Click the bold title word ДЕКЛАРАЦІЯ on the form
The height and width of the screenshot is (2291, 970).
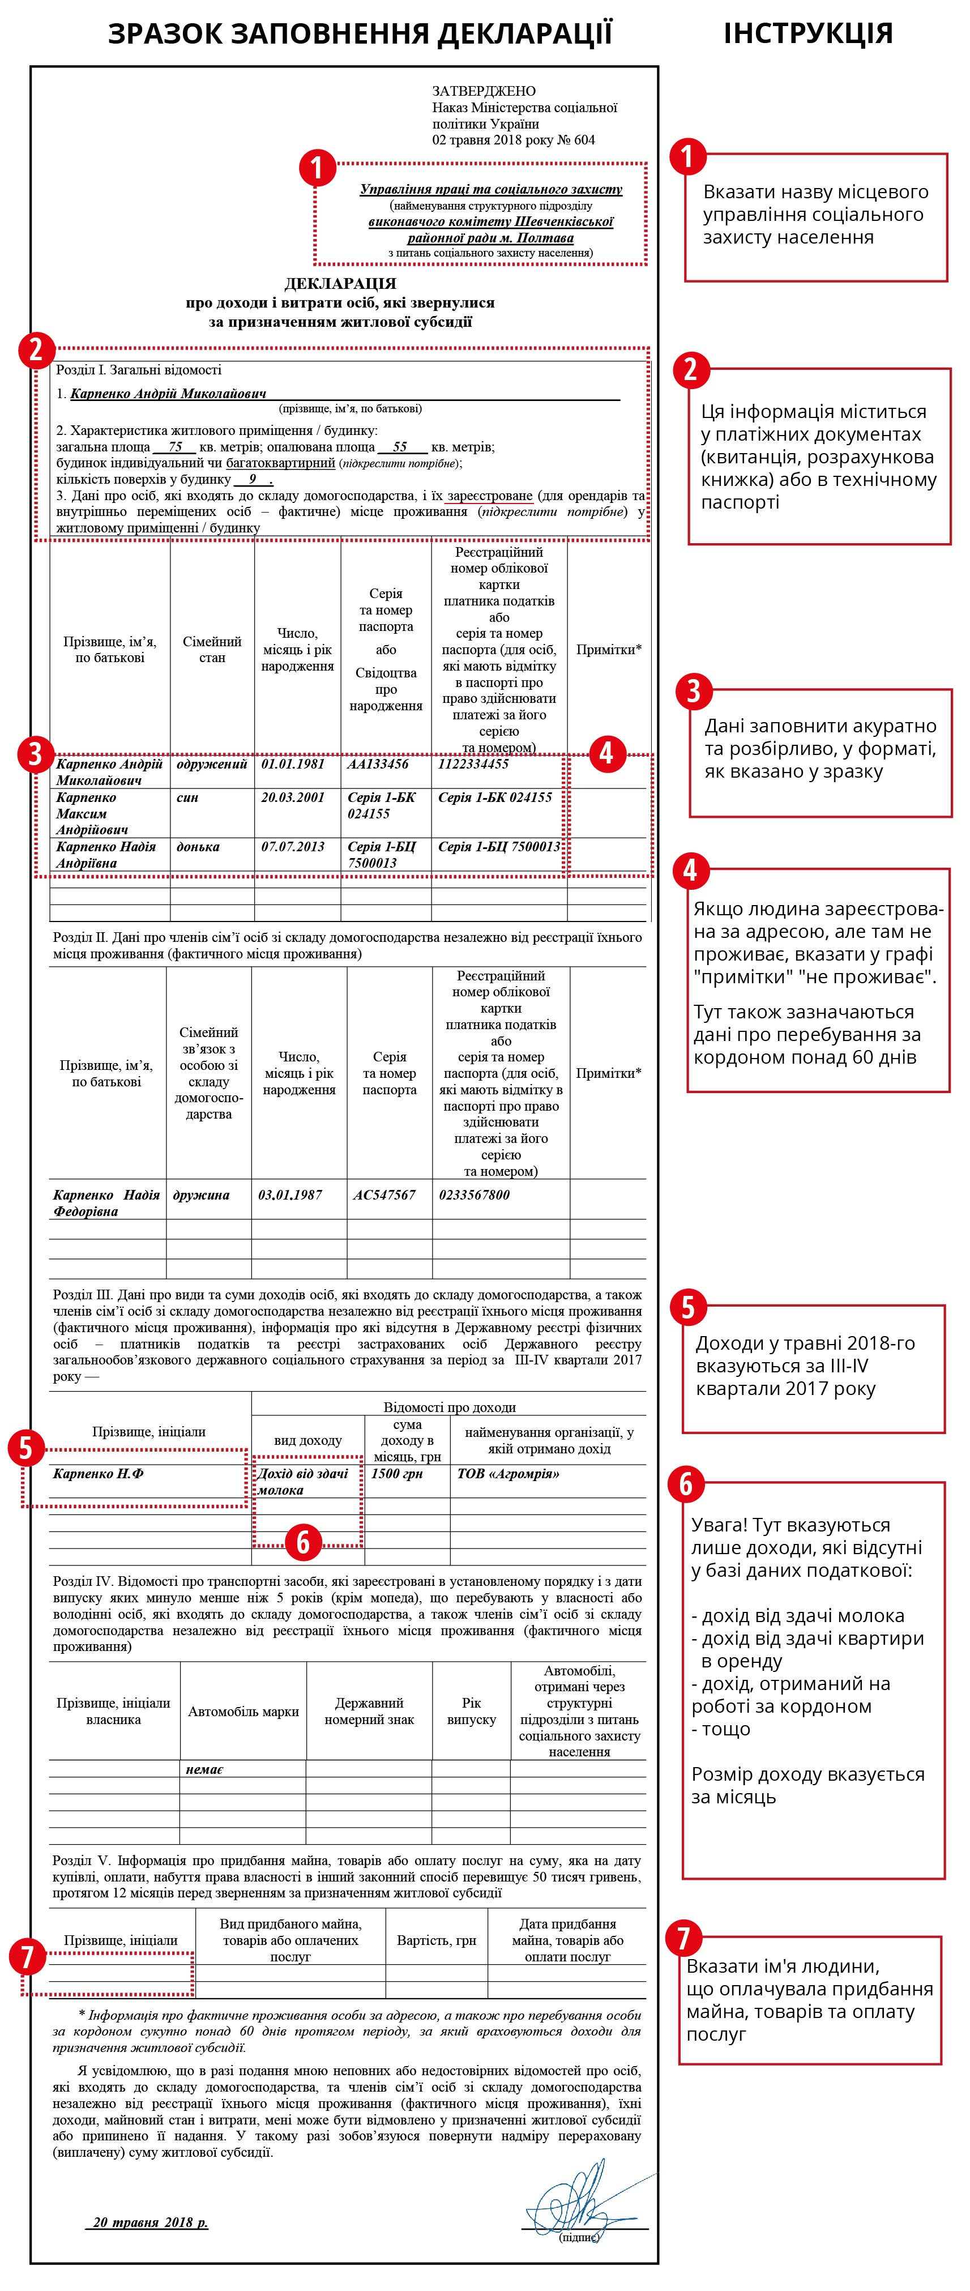point(340,284)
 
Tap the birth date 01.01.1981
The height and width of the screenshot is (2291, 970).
point(293,764)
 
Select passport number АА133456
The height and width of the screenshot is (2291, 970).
point(378,764)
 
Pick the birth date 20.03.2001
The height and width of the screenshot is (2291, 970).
point(293,798)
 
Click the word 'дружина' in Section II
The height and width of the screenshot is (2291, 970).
point(201,1195)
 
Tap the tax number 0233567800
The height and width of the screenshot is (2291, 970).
point(474,1195)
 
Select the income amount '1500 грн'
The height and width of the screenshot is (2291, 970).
point(396,1474)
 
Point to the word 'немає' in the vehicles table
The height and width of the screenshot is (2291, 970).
point(204,1770)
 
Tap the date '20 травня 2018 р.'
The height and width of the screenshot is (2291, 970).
point(150,2222)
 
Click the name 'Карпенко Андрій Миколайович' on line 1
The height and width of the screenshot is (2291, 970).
point(168,393)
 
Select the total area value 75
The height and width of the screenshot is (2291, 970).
point(175,447)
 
